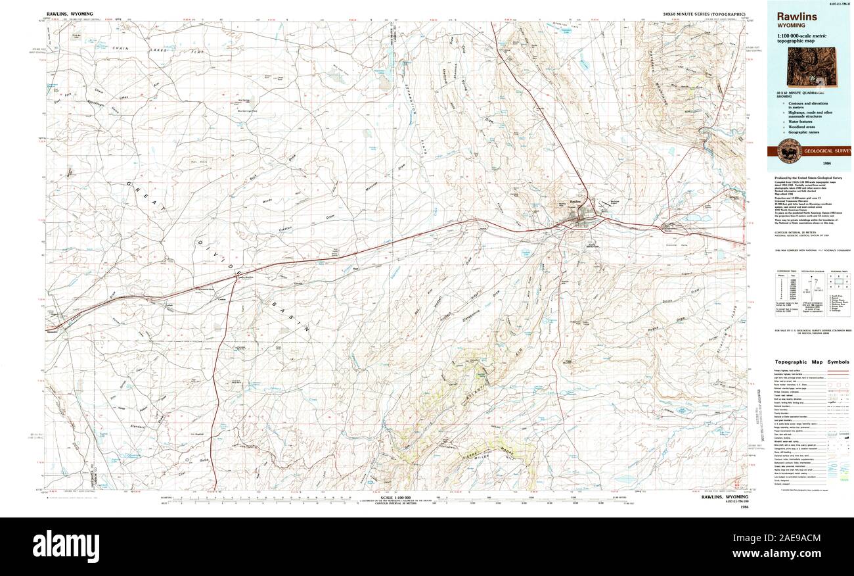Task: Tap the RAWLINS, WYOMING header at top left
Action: (70, 13)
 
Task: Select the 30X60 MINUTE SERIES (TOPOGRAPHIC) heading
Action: (703, 13)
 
